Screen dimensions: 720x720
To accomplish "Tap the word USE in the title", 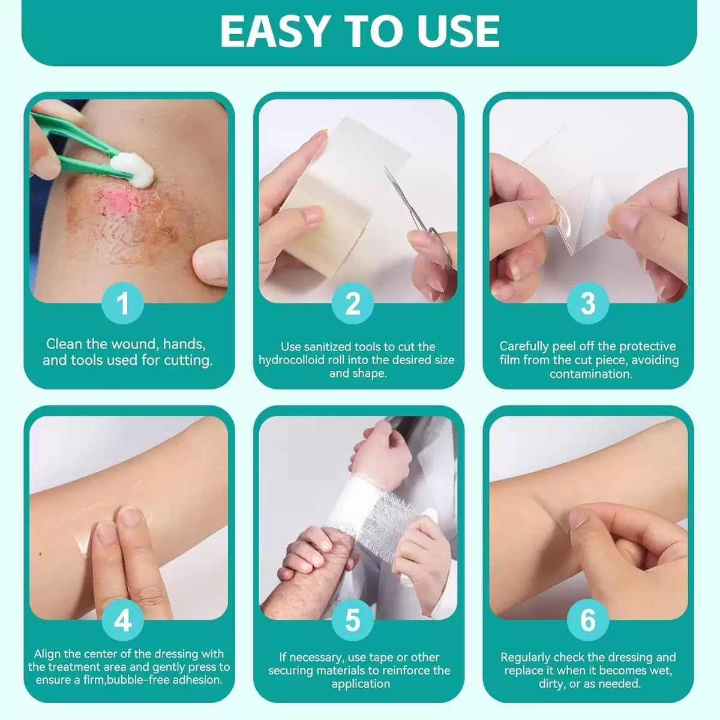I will point(457,31).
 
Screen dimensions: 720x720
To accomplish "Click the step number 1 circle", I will point(123,303).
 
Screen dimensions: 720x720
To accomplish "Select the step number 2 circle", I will point(353,303).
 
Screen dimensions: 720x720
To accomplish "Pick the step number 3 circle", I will point(588,303).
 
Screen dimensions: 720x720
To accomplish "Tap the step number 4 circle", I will point(123,619).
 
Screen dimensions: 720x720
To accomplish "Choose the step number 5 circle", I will point(353,619).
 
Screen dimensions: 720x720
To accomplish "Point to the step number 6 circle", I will point(588,619).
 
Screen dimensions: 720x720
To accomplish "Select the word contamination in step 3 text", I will point(591,374).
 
